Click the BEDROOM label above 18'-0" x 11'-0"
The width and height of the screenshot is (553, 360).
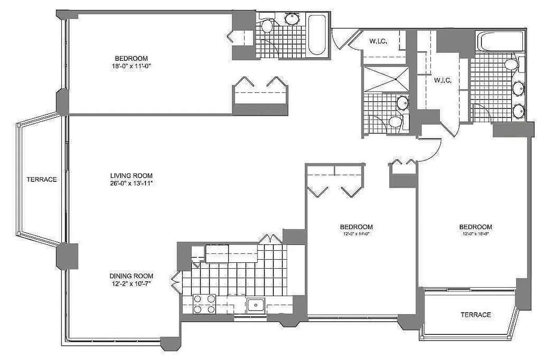pos(131,58)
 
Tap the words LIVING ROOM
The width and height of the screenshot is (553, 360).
pos(131,175)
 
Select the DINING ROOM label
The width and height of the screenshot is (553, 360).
pos(131,276)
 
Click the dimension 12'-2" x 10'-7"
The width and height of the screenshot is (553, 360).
pos(131,283)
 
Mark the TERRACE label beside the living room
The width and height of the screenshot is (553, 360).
pos(41,179)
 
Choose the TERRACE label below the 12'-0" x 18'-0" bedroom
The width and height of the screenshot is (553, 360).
pos(476,315)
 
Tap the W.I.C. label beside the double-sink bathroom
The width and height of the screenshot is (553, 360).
pos(443,81)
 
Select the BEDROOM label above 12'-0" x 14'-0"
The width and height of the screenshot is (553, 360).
pos(356,226)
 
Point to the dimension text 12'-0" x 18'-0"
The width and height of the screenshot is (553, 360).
pos(476,234)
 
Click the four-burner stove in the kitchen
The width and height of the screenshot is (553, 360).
pos(204,304)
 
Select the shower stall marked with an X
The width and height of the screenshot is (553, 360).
pos(386,79)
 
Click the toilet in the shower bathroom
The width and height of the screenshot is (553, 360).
pos(395,122)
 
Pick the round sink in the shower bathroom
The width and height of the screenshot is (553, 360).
pos(402,103)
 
